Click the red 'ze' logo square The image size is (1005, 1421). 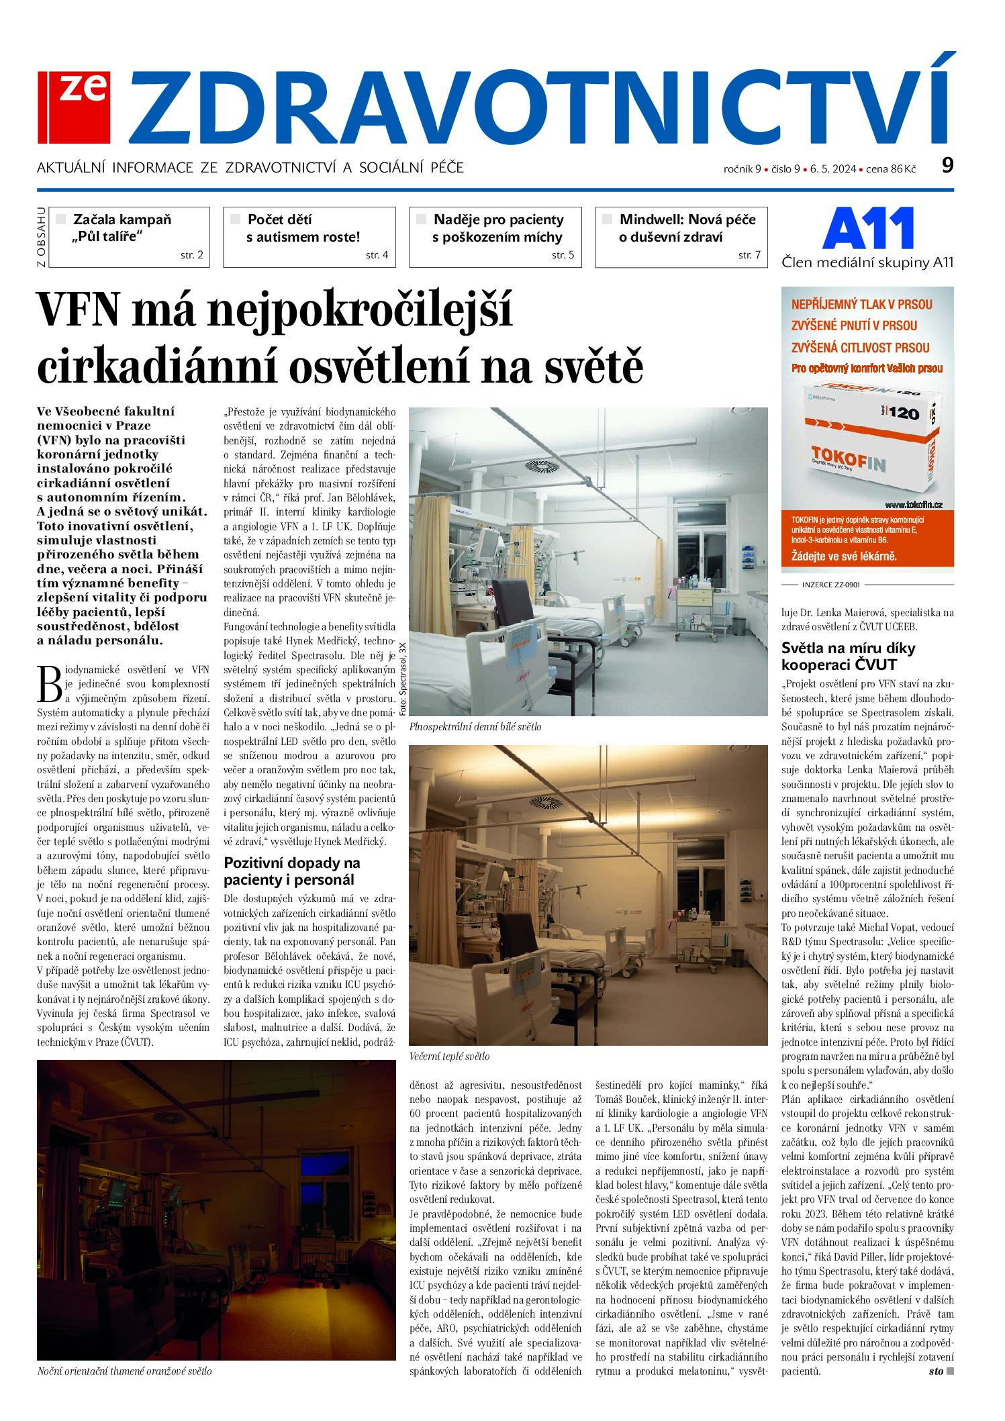[x=75, y=107]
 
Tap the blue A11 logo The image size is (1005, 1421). [x=868, y=228]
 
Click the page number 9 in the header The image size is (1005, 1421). [x=947, y=165]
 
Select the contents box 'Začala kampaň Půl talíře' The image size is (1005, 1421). [x=130, y=236]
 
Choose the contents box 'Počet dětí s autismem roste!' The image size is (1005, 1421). [x=309, y=236]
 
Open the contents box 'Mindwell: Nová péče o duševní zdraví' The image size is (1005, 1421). [x=681, y=236]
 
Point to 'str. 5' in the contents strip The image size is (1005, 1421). [x=563, y=255]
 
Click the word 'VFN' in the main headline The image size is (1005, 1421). [x=79, y=310]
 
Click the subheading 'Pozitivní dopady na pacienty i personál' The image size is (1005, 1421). [x=292, y=871]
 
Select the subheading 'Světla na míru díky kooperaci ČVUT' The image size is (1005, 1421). [x=848, y=656]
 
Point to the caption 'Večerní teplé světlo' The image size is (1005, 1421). [x=449, y=1056]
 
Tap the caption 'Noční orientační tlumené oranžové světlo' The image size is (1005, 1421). [x=124, y=1371]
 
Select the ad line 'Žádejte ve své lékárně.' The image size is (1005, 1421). [x=844, y=556]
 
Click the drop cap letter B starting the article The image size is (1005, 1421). [x=50, y=685]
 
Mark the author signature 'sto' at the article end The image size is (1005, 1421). [x=936, y=1371]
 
